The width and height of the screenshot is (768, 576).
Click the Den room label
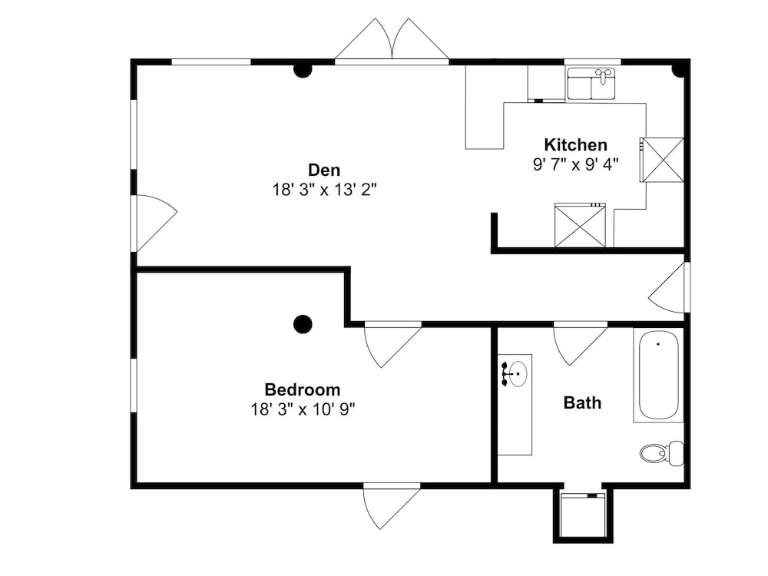[x=324, y=170]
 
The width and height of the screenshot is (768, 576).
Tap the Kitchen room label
[x=575, y=145]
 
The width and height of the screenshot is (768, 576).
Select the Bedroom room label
[x=302, y=389]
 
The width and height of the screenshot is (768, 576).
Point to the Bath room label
[x=582, y=402]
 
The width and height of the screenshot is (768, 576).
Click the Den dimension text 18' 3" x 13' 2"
[x=324, y=190]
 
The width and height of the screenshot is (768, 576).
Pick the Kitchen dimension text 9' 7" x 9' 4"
[x=575, y=164]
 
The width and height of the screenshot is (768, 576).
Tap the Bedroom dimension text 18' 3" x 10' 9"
[x=303, y=409]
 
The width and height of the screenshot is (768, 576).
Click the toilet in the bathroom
[x=662, y=453]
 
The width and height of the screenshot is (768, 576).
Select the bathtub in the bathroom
[x=658, y=376]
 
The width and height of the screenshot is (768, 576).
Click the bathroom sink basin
[x=517, y=374]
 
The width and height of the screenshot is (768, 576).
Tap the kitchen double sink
[x=591, y=84]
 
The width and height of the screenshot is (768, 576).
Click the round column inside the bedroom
[x=303, y=324]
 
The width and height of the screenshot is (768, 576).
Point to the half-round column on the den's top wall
[x=303, y=71]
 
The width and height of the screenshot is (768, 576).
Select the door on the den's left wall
[x=156, y=223]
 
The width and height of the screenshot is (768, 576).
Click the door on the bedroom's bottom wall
[x=392, y=506]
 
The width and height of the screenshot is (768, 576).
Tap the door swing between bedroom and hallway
[x=393, y=346]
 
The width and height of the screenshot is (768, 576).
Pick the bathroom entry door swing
[x=581, y=344]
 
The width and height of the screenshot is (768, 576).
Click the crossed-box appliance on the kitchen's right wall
[x=662, y=161]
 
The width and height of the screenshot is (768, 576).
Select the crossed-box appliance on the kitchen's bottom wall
[x=580, y=225]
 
